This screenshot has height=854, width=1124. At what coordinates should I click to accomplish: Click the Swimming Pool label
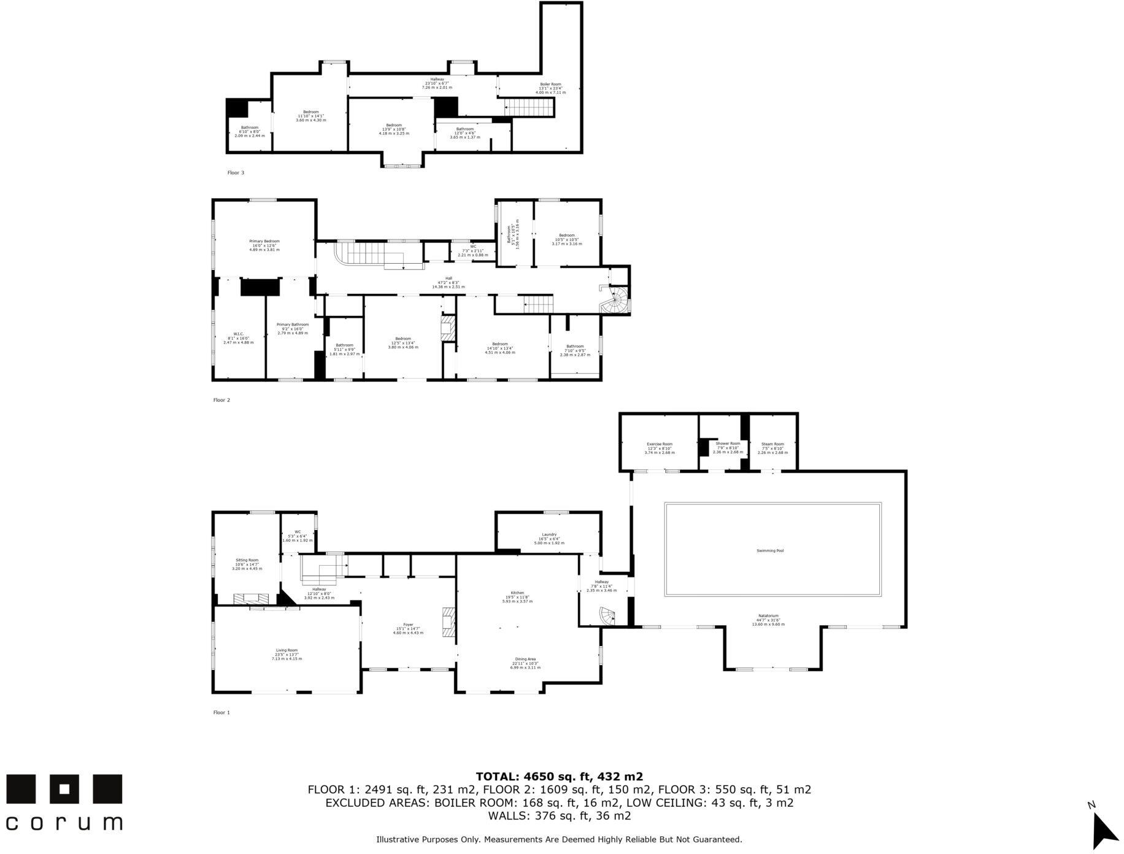(x=770, y=550)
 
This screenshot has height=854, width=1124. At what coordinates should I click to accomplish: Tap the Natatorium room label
(x=769, y=616)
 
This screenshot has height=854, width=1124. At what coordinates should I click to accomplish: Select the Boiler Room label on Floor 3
(x=550, y=84)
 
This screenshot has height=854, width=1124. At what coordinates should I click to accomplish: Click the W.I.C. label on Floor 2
(x=238, y=334)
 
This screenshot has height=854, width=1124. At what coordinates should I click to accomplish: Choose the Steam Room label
(x=772, y=444)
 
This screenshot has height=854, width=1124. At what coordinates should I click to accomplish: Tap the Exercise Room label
(x=660, y=444)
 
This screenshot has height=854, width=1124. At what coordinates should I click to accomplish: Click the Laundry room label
(x=549, y=534)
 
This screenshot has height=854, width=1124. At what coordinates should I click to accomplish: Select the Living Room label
(x=287, y=650)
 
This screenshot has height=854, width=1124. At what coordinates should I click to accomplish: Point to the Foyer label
(x=408, y=625)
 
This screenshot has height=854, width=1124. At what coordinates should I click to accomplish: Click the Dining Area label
(x=525, y=659)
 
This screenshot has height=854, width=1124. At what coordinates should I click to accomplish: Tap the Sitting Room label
(x=247, y=560)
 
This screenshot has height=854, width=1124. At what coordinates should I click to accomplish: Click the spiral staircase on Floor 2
(x=616, y=301)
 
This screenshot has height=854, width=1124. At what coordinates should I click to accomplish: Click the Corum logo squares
(x=64, y=788)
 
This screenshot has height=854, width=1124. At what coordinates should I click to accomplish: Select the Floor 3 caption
(x=236, y=173)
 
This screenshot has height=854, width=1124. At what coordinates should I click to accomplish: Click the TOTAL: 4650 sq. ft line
(x=559, y=777)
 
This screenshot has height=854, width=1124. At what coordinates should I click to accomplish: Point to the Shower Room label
(x=728, y=444)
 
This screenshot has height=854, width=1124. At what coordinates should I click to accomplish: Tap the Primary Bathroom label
(x=292, y=325)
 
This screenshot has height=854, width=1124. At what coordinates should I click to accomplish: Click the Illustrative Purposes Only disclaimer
(x=559, y=839)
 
